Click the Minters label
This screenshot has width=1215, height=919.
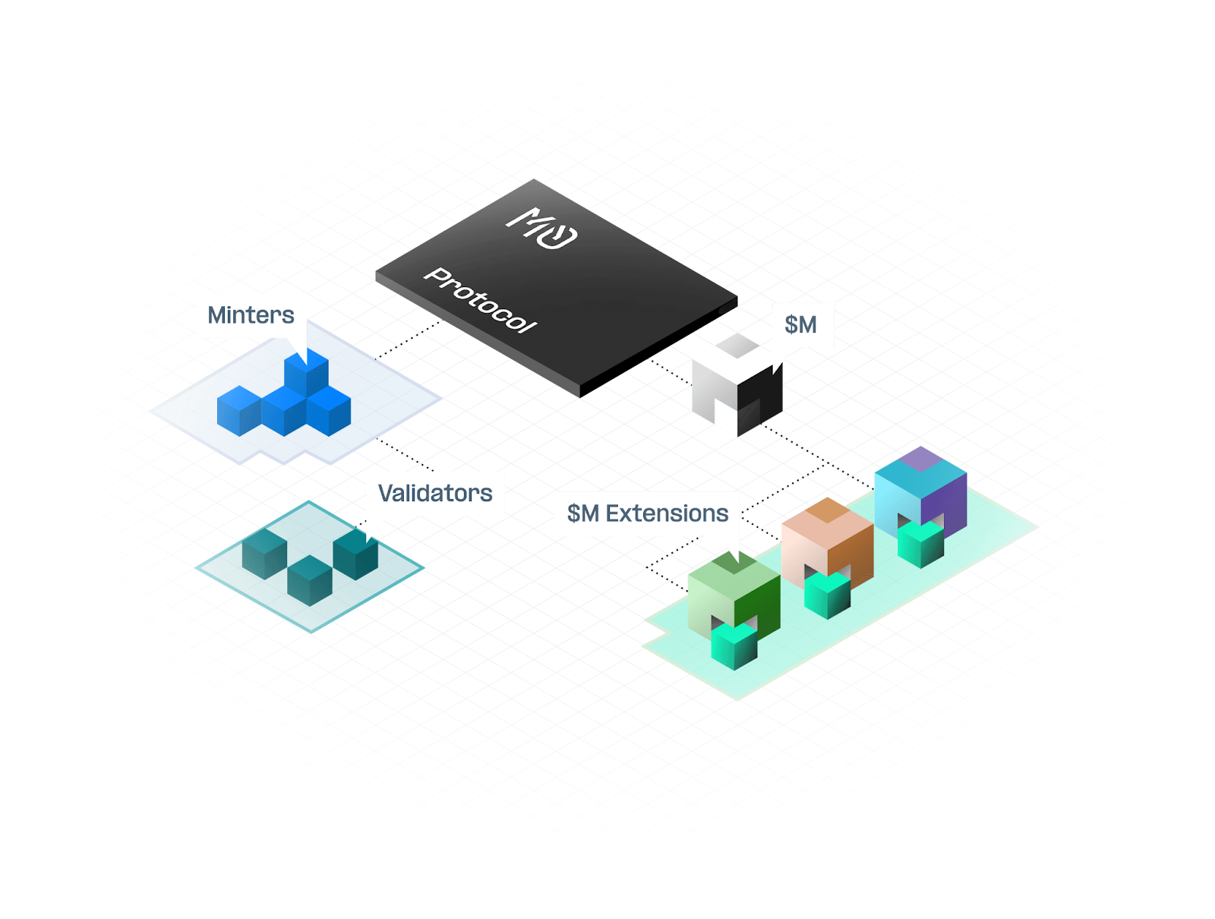pyautogui.click(x=251, y=315)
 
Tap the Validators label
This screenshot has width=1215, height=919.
pyautogui.click(x=435, y=494)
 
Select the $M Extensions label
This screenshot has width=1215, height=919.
pyautogui.click(x=647, y=514)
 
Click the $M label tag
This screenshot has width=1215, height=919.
pyautogui.click(x=801, y=325)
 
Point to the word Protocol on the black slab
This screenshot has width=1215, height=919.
pyautogui.click(x=480, y=301)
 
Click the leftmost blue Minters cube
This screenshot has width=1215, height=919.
pyautogui.click(x=238, y=411)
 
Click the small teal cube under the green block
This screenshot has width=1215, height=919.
pyautogui.click(x=734, y=646)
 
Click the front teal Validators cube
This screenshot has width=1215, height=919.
pyautogui.click(x=309, y=581)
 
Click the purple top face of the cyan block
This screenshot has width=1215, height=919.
pyautogui.click(x=920, y=459)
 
